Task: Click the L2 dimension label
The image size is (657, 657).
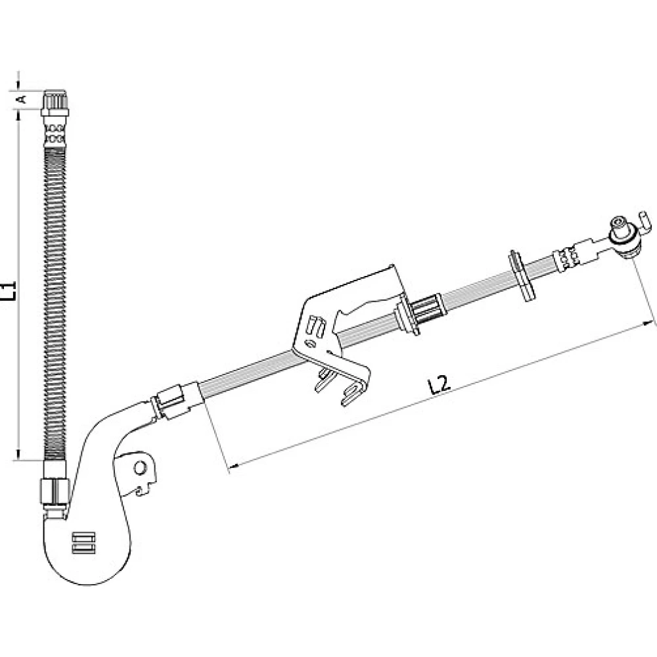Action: pos(440,384)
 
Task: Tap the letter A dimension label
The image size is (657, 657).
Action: pos(21,99)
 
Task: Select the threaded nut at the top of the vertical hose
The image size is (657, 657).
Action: pos(55,102)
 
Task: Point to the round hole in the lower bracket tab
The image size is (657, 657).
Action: pos(140,468)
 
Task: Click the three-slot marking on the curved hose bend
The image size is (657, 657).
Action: pos(84,543)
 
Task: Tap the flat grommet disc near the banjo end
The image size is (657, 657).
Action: pos(522,275)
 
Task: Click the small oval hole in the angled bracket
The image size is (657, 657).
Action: pos(311,344)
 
